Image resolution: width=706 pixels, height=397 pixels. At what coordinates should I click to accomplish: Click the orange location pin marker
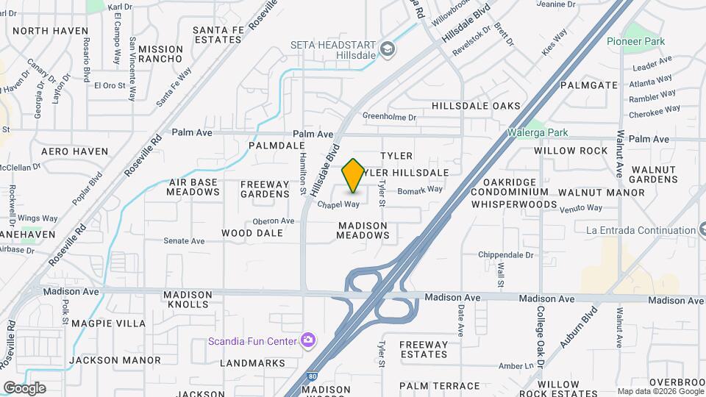[x=353, y=175]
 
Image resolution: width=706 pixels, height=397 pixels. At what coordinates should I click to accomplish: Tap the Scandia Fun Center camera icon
[x=307, y=340]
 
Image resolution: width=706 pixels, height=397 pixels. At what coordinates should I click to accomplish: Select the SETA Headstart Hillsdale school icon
[x=387, y=49]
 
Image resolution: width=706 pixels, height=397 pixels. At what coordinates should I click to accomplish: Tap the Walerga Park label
[x=538, y=133]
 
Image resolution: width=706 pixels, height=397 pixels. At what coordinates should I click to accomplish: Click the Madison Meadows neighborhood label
[x=363, y=230]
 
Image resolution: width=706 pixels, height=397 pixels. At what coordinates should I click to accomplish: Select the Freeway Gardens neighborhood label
[x=265, y=189]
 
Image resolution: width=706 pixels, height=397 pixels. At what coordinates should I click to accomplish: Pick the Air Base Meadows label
[x=193, y=187]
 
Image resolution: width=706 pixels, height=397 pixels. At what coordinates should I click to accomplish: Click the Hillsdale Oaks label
[x=476, y=106]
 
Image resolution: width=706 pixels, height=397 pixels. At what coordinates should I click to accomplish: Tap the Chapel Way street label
[x=338, y=204]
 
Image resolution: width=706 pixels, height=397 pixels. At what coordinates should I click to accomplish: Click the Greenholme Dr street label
[x=390, y=116]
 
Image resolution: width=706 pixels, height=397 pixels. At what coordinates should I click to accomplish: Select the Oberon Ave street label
[x=273, y=221]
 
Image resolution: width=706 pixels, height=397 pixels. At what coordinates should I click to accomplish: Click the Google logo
[x=24, y=387]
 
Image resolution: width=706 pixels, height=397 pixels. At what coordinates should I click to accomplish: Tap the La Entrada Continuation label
[x=640, y=230]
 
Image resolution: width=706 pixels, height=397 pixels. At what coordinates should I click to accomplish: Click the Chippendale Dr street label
[x=505, y=254]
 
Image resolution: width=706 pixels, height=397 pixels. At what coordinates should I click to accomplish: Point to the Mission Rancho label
[x=160, y=53]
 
